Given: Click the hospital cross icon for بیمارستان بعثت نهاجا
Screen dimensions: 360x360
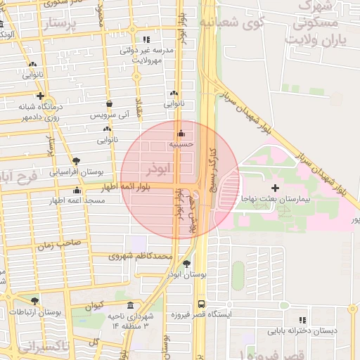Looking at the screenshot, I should coord(275,188).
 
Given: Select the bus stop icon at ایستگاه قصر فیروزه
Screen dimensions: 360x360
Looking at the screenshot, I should coord(202,304).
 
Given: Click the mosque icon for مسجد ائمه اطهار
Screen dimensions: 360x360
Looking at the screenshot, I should coord(77,190).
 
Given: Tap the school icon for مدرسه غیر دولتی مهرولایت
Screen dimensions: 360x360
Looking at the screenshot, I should coord(146,40).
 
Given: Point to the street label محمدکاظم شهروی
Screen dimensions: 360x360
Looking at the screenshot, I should coord(141,257).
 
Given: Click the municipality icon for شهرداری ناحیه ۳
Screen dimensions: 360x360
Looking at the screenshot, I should coord(131,305).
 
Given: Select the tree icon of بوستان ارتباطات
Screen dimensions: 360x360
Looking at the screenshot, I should coord(34,301).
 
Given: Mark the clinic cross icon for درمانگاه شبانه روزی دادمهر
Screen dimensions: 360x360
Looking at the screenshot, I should coord(40,96).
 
